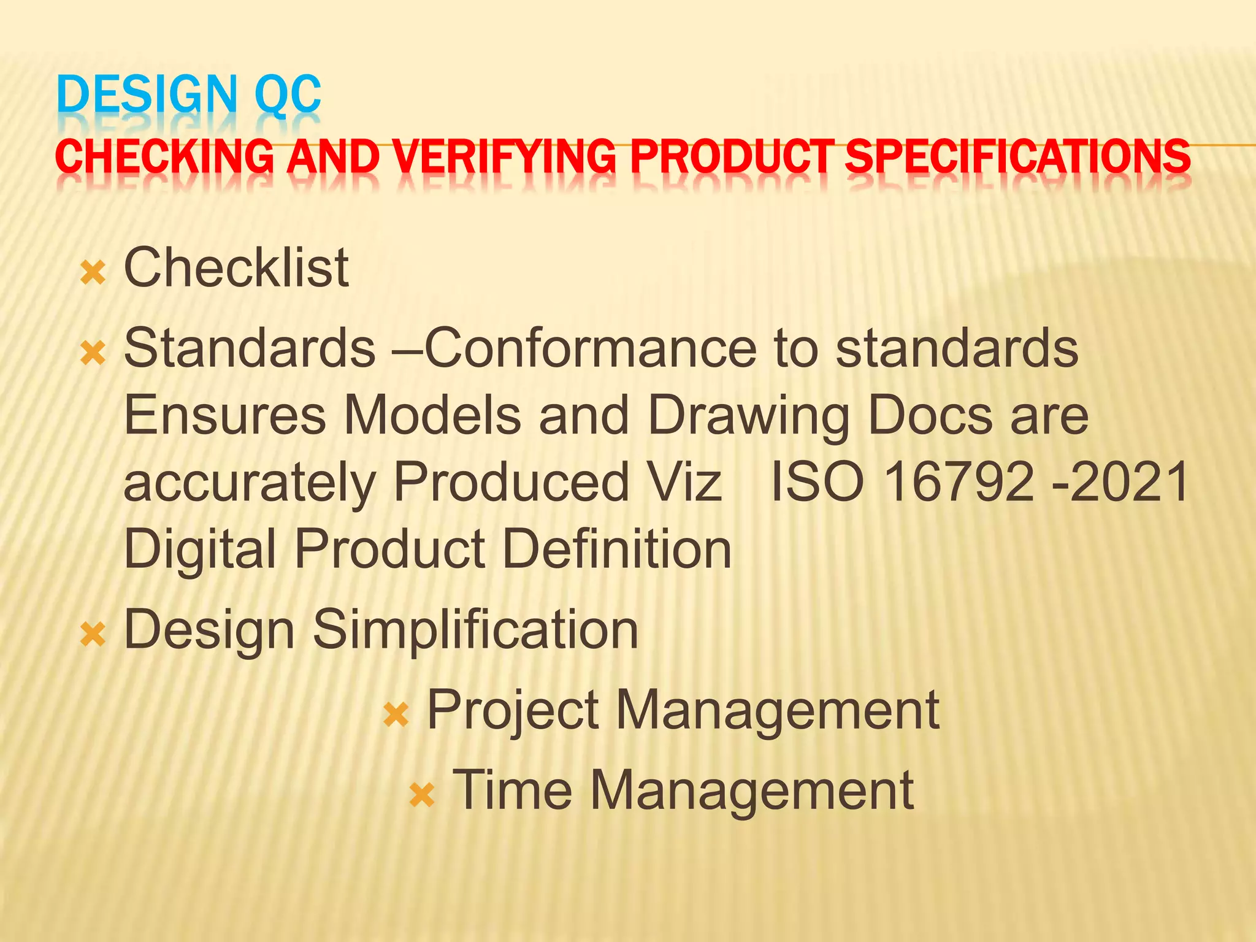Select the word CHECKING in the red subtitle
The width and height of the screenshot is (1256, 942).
[164, 156]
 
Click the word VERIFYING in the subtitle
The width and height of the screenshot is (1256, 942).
[504, 156]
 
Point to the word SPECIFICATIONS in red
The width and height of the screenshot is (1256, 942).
[1017, 156]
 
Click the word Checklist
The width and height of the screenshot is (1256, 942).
[236, 268]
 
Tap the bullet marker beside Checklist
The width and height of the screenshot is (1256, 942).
[93, 273]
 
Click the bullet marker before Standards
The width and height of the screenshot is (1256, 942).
[93, 354]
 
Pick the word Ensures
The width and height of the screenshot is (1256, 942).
[224, 415]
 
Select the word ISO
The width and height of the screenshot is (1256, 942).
[816, 482]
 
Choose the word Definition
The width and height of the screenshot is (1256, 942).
[616, 549]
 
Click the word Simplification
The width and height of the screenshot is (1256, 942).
[475, 630]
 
